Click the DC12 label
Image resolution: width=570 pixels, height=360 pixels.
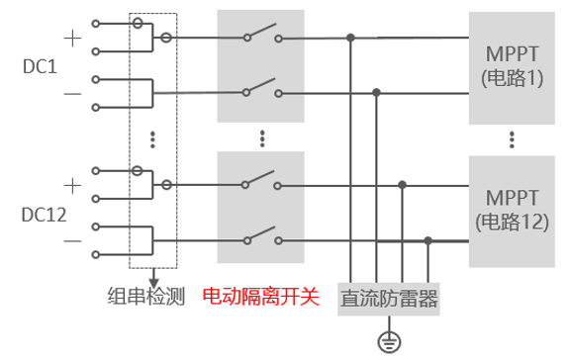coord(42,214)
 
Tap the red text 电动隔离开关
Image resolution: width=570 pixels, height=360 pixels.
coord(260,296)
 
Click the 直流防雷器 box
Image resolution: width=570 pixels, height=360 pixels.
coord(389,297)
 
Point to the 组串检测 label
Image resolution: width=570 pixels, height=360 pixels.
coord(147,296)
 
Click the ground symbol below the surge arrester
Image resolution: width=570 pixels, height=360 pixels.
coord(389,341)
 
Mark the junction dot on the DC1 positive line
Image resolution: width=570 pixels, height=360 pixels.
coord(350,39)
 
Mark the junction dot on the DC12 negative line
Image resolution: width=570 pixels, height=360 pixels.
coord(427,240)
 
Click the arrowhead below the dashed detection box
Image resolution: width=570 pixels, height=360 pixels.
coord(154,276)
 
